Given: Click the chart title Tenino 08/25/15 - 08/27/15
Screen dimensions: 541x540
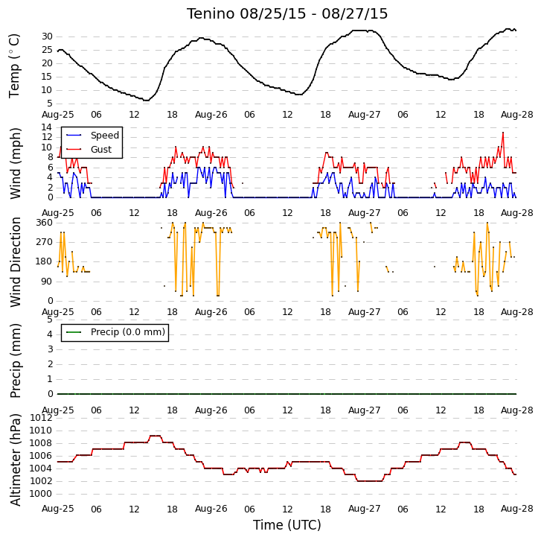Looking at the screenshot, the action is pyautogui.click(x=287, y=14).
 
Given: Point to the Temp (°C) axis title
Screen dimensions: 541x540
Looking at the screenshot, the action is pyautogui.click(x=14, y=66).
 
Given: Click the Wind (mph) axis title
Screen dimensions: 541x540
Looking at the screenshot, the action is pyautogui.click(x=15, y=163).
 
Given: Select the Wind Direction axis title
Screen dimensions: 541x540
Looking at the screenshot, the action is pyautogui.click(x=15, y=262).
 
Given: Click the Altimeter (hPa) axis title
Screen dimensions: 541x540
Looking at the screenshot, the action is pyautogui.click(x=15, y=460).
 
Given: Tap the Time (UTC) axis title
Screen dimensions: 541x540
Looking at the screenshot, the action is pyautogui.click(x=287, y=525).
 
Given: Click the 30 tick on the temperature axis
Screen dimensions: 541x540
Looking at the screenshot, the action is pyautogui.click(x=47, y=36).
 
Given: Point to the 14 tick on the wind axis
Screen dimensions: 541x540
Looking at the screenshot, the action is pyautogui.click(x=47, y=127).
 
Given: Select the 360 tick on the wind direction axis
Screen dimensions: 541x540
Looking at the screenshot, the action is pyautogui.click(x=45, y=223).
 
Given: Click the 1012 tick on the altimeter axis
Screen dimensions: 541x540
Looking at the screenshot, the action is pyautogui.click(x=42, y=418).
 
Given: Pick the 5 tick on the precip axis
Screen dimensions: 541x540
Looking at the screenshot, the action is pyautogui.click(x=50, y=320).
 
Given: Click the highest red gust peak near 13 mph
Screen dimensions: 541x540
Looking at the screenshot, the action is pyautogui.click(x=503, y=133).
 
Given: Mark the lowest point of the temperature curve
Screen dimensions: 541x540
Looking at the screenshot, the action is pyautogui.click(x=147, y=100).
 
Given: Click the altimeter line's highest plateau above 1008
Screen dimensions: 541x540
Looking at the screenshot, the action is pyautogui.click(x=156, y=436).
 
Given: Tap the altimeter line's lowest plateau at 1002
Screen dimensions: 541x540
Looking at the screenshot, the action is pyautogui.click(x=370, y=481).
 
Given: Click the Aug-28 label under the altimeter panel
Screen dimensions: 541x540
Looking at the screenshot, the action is pyautogui.click(x=517, y=509).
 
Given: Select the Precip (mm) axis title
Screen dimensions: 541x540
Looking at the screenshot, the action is pyautogui.click(x=15, y=360).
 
